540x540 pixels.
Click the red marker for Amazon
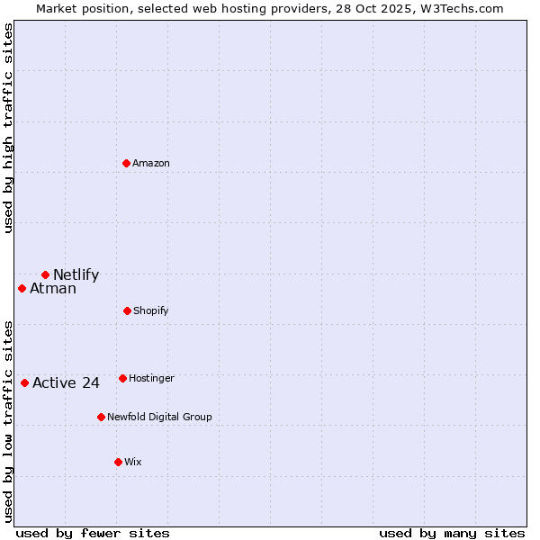(x=127, y=163)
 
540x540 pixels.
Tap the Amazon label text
(x=151, y=164)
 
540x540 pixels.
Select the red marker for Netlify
(x=45, y=274)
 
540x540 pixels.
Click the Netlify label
(x=76, y=275)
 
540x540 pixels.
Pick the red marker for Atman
(x=22, y=288)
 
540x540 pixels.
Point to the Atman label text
(x=53, y=289)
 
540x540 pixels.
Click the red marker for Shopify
(x=127, y=310)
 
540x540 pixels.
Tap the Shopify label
(x=151, y=311)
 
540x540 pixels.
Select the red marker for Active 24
(x=24, y=382)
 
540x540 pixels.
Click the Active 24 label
(x=66, y=383)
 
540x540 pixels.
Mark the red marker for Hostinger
(x=122, y=378)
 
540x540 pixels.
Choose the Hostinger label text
(x=151, y=379)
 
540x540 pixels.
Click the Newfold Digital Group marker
(x=101, y=417)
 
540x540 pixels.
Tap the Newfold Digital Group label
(x=159, y=418)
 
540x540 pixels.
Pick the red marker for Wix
(x=118, y=462)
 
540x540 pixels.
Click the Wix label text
(x=133, y=463)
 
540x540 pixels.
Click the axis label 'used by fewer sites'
(x=93, y=533)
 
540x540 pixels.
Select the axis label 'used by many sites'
(x=452, y=533)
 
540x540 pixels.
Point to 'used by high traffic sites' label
(x=9, y=128)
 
